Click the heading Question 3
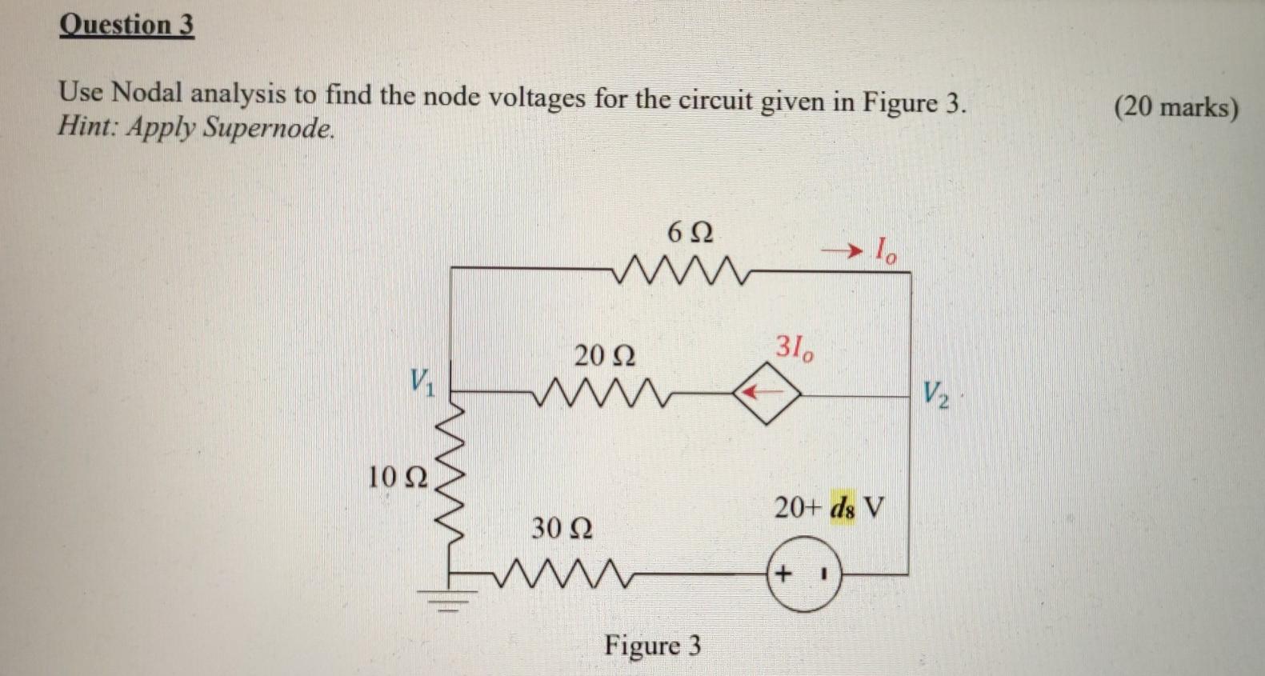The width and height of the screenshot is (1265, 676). (x=126, y=25)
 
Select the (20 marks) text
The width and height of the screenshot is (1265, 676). (x=1175, y=107)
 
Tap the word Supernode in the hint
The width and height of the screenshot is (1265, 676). (x=267, y=128)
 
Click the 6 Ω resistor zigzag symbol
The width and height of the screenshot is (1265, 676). (x=681, y=271)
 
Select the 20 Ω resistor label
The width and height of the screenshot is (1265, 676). (x=604, y=355)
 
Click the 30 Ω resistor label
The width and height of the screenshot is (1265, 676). (x=562, y=528)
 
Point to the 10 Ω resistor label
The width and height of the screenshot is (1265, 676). (x=397, y=478)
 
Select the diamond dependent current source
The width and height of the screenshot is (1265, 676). (x=767, y=393)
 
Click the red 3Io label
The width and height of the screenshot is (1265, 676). (x=795, y=348)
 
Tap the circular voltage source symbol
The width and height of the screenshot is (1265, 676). (x=804, y=575)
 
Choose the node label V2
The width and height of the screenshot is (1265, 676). (x=935, y=394)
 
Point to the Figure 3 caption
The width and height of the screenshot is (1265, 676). (x=652, y=645)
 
